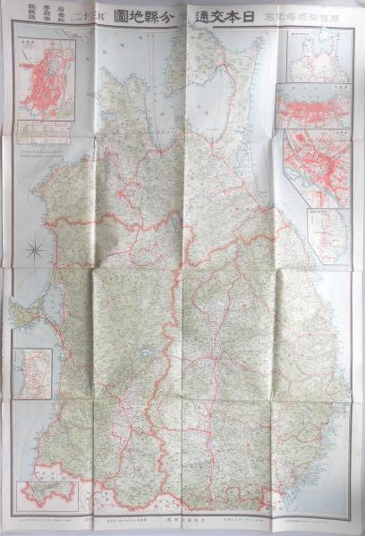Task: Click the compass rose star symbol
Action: coord(34,250)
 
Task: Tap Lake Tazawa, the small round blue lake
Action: coord(144,352)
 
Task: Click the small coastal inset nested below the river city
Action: coord(326,234)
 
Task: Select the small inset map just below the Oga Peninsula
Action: coord(32,373)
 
